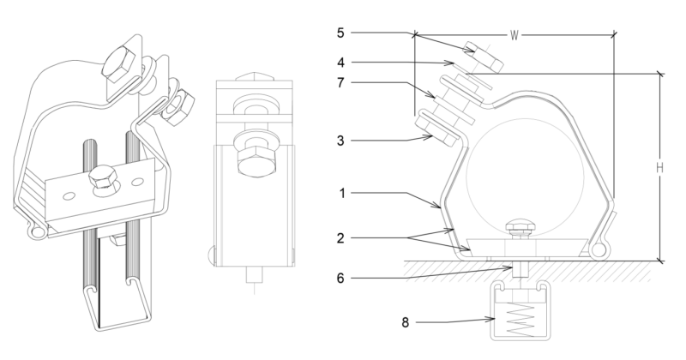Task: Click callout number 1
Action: pyautogui.click(x=342, y=194)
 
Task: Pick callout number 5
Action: pyautogui.click(x=342, y=33)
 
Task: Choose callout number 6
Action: pyautogui.click(x=342, y=277)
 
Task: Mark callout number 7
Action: pyautogui.click(x=342, y=84)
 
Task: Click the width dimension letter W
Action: pyautogui.click(x=514, y=35)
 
